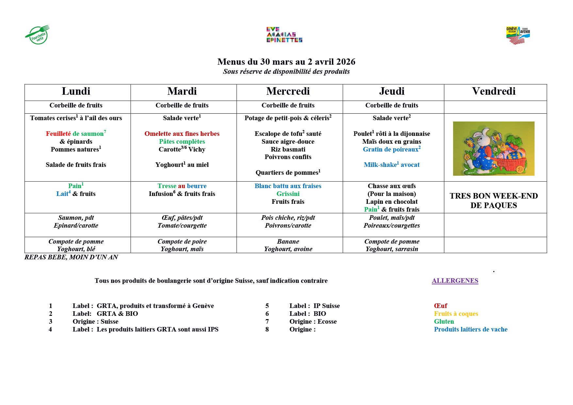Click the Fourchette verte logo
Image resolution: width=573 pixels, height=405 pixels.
38,35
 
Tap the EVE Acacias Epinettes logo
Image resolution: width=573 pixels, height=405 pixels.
284,35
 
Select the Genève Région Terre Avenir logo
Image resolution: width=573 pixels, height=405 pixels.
518,35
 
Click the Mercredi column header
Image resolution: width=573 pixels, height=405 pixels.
288,91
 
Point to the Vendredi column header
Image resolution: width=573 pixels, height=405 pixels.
494,91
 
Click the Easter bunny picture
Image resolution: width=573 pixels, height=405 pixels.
494,149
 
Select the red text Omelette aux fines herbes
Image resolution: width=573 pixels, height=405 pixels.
182,134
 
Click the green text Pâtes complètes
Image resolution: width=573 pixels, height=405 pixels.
182,141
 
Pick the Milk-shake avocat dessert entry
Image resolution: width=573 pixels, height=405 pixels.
391,165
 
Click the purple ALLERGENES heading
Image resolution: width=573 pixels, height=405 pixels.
455,281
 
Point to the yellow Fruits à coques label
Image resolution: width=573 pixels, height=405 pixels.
456,314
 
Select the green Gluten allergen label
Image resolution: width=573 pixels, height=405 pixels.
444,321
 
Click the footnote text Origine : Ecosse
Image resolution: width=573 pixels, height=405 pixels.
313,321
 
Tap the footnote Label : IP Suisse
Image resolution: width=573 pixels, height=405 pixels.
314,306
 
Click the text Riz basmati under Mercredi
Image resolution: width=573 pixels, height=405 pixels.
288,149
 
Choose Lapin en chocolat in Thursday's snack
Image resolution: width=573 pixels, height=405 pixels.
391,202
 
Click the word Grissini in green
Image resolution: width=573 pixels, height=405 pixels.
288,194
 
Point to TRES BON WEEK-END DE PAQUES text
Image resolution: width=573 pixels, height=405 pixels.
494,201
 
